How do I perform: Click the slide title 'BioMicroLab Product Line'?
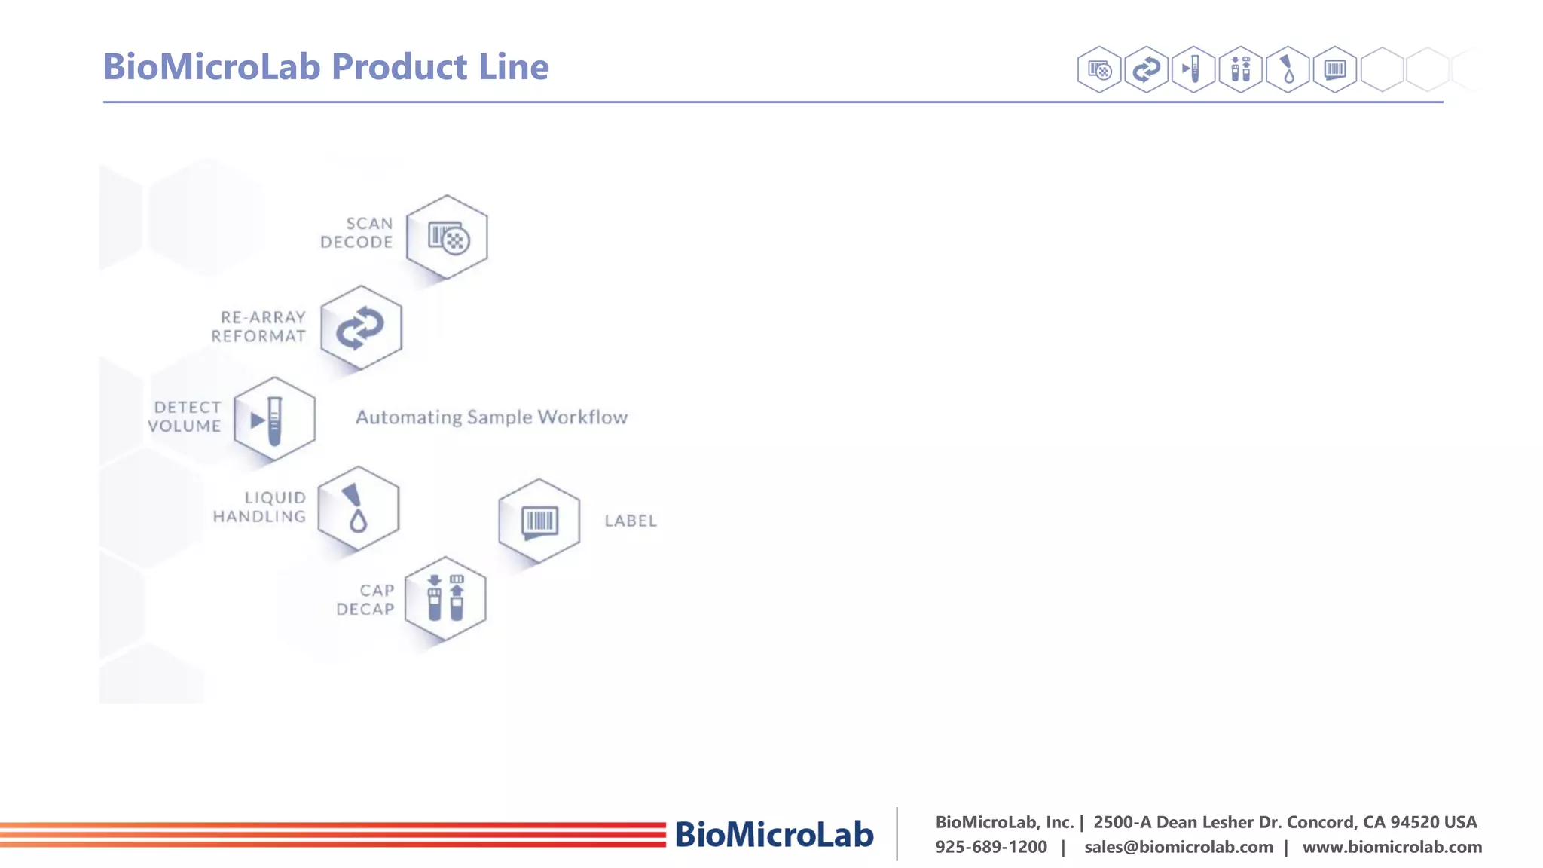point(325,66)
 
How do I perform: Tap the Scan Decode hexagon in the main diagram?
point(447,237)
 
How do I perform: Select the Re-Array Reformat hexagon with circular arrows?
point(361,328)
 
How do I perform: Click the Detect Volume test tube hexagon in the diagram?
point(274,419)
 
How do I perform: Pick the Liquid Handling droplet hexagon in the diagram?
point(359,509)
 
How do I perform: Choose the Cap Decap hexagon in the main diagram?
point(445,599)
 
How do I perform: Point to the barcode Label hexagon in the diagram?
point(539,521)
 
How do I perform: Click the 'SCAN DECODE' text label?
point(357,233)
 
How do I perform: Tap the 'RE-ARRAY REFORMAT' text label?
point(259,327)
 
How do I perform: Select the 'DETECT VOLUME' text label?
point(185,417)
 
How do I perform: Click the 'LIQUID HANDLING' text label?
point(260,507)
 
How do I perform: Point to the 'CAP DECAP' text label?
point(366,600)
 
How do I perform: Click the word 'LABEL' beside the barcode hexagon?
point(631,521)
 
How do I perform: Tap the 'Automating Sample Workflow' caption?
point(491,417)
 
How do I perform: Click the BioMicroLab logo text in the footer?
point(774,834)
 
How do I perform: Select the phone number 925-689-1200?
point(991,847)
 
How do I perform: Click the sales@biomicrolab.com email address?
point(1178,847)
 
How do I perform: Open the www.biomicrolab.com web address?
point(1392,847)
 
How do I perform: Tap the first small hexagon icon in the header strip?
point(1099,70)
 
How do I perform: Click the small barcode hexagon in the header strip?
point(1334,70)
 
